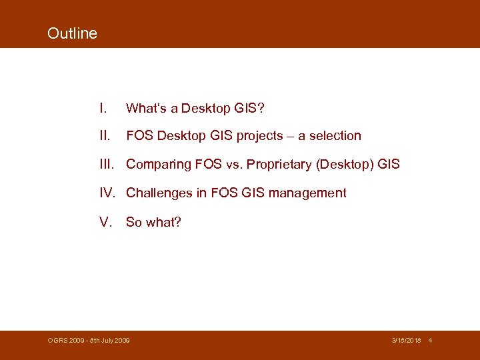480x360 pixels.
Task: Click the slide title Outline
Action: point(72,33)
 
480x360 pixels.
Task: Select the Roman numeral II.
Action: point(104,136)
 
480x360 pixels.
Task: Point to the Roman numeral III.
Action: point(107,164)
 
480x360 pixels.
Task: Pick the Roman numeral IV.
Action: point(109,193)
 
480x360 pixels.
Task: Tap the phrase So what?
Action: point(153,222)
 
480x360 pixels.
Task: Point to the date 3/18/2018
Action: point(405,341)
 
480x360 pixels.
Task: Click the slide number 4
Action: point(431,341)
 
